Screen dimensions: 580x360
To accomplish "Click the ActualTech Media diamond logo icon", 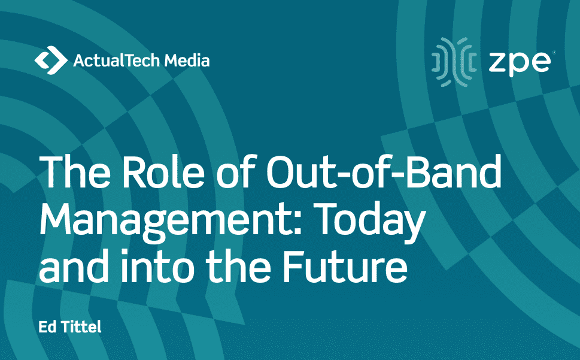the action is [51, 60].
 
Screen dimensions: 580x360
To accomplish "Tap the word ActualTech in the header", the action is [117, 60].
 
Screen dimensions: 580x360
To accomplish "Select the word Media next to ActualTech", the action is [187, 60].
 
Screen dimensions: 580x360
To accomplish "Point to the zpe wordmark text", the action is [520, 63].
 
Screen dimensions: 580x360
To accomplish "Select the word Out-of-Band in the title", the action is [384, 171].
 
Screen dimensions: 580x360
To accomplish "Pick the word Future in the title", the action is [345, 265].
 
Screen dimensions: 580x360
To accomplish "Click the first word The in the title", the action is [75, 172].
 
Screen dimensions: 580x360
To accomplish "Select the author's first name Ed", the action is [47, 326].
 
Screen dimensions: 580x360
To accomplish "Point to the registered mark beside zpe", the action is [554, 53].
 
